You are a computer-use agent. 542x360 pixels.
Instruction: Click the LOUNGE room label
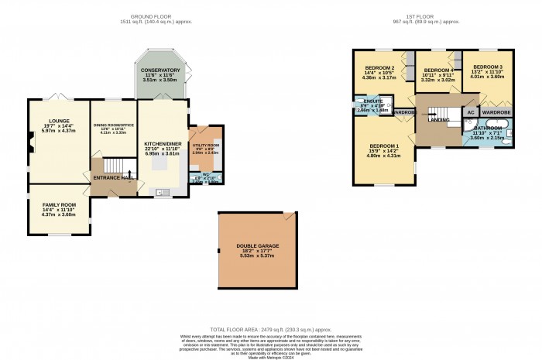(x=59, y=121)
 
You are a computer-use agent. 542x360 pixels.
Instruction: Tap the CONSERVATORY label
(x=161, y=70)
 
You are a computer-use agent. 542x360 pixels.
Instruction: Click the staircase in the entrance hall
(x=115, y=166)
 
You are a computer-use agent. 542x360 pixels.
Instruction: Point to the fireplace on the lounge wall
(x=30, y=142)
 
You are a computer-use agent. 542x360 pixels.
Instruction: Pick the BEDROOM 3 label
(x=488, y=67)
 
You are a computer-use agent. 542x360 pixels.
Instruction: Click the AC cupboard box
(x=470, y=112)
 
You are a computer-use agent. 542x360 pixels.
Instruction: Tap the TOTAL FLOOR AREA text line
(x=270, y=328)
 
